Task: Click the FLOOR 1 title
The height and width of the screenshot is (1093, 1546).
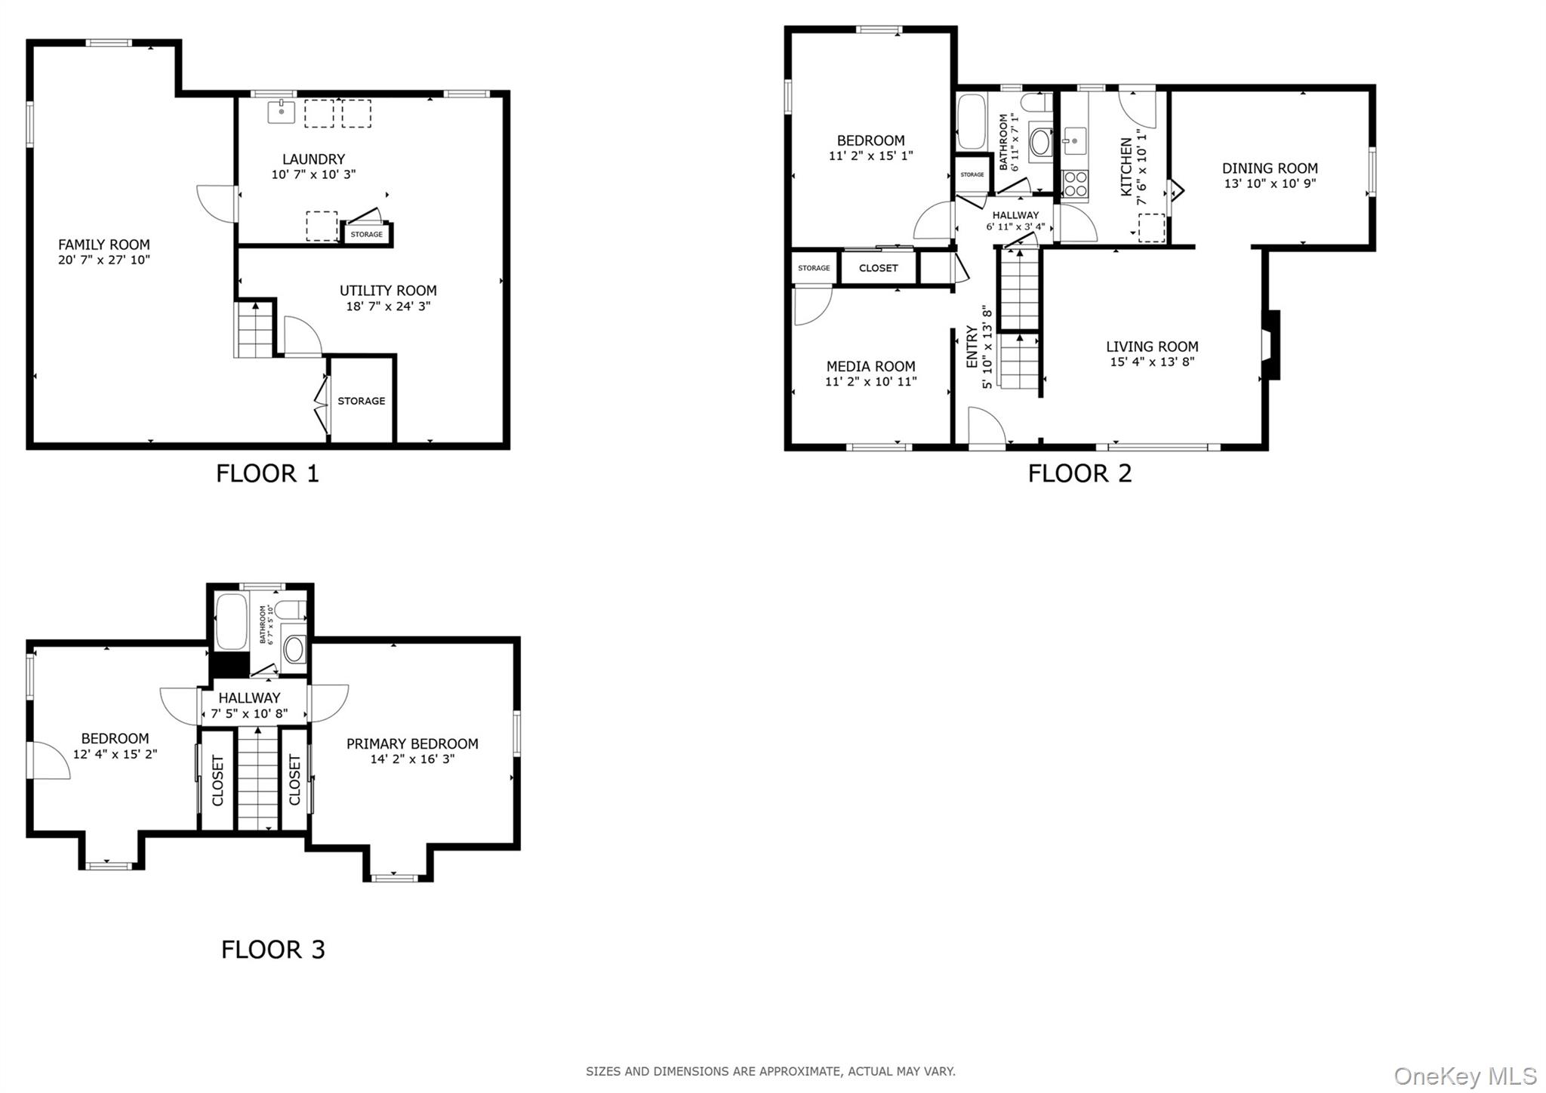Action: click(x=267, y=473)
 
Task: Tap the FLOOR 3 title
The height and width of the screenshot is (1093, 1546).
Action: click(x=273, y=949)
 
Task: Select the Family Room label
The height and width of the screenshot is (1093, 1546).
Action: click(x=104, y=245)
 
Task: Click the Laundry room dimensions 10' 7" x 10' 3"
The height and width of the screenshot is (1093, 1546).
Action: click(x=313, y=174)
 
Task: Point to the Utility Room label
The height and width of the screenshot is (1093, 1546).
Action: click(x=388, y=291)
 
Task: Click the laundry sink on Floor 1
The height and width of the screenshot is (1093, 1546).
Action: click(x=282, y=112)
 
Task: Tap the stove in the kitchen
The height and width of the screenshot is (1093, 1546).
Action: click(x=1075, y=185)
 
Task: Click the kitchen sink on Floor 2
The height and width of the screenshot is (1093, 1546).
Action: click(x=1073, y=141)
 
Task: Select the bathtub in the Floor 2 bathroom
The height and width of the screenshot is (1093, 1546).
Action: click(x=972, y=122)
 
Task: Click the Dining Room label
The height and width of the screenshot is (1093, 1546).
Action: click(x=1270, y=168)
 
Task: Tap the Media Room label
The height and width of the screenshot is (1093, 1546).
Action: click(x=870, y=366)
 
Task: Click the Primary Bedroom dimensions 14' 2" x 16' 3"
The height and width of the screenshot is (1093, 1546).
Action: click(x=412, y=759)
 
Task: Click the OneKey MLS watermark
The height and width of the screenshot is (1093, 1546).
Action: click(x=1465, y=1076)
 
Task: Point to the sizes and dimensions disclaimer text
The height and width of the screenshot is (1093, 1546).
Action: click(x=771, y=1071)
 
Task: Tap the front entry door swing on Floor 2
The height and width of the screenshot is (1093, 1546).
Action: click(x=987, y=426)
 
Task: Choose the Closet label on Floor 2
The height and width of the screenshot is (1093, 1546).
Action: click(x=878, y=268)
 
